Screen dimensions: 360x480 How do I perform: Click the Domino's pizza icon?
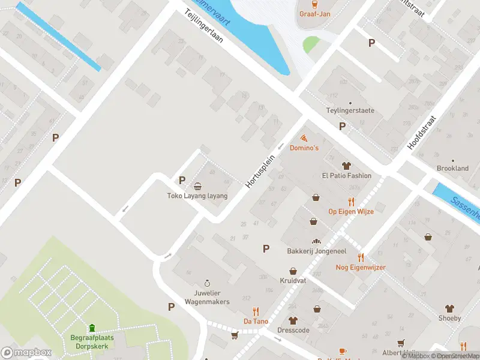304,138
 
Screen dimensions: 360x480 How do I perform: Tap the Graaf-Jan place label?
316,13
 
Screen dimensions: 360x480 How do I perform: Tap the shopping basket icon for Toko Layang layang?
197,186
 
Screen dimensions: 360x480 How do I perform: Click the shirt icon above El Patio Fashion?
346,166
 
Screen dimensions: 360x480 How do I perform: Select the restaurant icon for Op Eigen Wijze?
351,202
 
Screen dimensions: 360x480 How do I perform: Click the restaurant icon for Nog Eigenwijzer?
361,257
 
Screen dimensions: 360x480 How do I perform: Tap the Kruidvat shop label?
293,280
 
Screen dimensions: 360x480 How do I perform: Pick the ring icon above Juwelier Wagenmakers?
207,283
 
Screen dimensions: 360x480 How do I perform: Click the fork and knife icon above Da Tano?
256,311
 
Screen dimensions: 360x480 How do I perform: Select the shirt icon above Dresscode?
293,320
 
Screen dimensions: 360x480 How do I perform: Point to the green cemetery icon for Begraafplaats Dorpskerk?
92,328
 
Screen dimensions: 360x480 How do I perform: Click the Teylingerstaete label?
350,111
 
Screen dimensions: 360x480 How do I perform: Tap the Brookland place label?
452,169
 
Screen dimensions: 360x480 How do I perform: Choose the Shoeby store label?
449,318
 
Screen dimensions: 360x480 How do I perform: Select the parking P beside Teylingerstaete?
342,126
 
